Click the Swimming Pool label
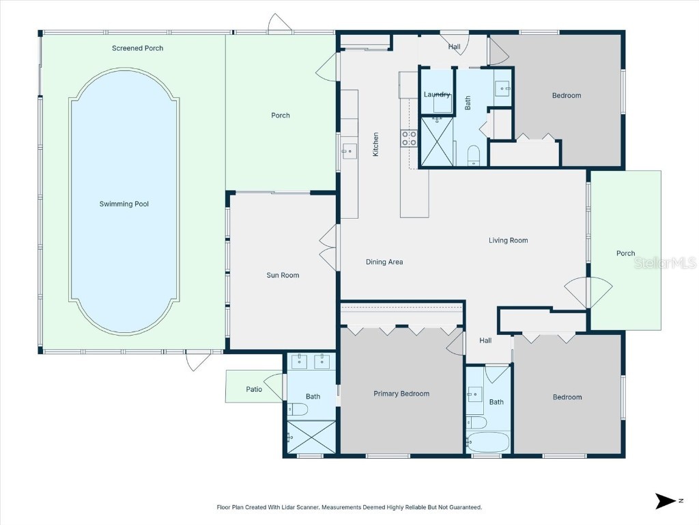point(124,204)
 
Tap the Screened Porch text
point(137,49)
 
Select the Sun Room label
point(283,275)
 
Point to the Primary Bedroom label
point(401,394)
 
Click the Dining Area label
point(384,262)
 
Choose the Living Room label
point(508,240)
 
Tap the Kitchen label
point(375,144)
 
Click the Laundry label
point(437,94)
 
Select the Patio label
point(254,390)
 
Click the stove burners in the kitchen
point(409,139)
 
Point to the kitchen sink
point(349,150)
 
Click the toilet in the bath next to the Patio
point(298,409)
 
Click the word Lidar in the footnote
point(288,507)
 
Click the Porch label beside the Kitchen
point(281,116)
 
